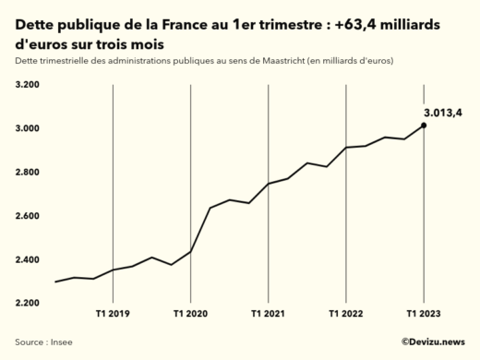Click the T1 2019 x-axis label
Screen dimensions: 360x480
[x=113, y=315]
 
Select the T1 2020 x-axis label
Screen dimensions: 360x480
[x=190, y=315]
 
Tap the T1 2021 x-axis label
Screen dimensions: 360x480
[x=268, y=315]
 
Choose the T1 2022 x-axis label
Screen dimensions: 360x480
[x=346, y=315]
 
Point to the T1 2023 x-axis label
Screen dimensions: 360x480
[x=424, y=315]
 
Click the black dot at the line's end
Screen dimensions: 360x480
[x=424, y=126]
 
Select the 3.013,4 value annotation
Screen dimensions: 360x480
[x=443, y=112]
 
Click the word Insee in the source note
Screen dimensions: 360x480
[x=61, y=342]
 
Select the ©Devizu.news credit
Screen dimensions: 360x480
[x=432, y=342]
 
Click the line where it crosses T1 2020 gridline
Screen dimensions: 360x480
[x=190, y=251]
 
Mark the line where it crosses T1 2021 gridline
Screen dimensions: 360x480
[x=268, y=184]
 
